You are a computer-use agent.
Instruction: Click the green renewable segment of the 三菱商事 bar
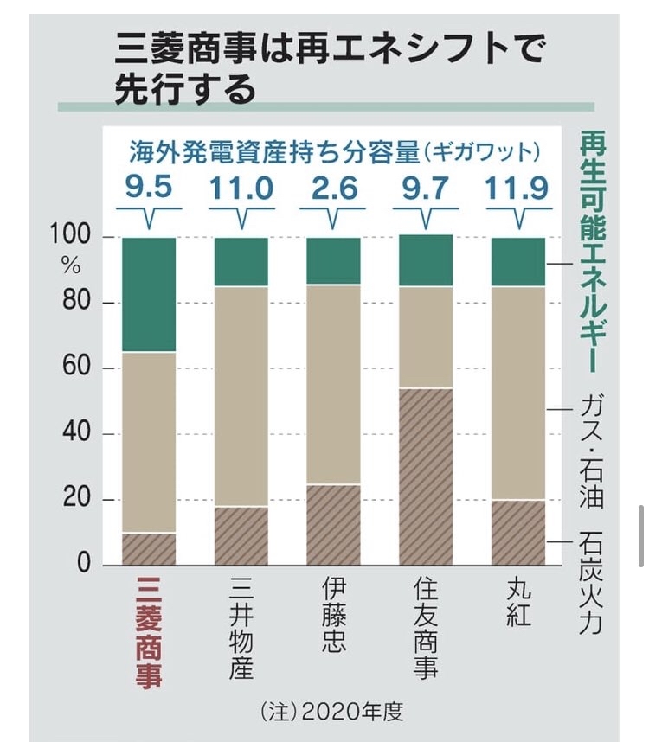[149, 294]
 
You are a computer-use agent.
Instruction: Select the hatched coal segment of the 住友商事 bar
[425, 477]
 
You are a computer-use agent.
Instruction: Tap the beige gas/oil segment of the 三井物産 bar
[241, 396]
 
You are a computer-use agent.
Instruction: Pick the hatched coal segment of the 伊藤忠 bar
[333, 524]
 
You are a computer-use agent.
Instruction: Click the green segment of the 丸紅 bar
[517, 261]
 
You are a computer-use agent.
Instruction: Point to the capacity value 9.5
[148, 188]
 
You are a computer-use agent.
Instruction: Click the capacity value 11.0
[241, 188]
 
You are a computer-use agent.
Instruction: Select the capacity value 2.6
[333, 188]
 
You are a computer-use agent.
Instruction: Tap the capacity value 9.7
[425, 188]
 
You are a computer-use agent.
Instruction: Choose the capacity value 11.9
[517, 188]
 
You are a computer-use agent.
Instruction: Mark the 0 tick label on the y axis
[85, 565]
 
